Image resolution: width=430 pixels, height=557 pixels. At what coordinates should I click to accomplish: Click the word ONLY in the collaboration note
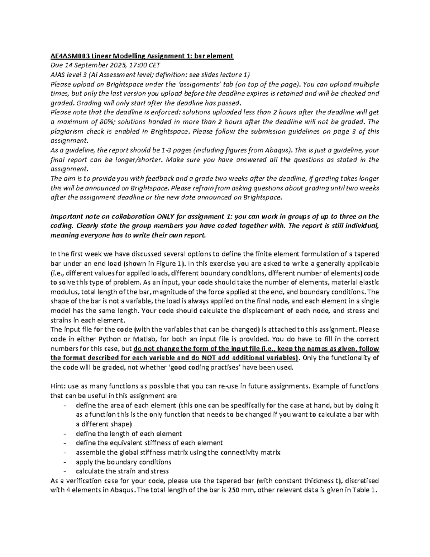167,216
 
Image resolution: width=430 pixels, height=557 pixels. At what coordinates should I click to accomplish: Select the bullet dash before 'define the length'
64,434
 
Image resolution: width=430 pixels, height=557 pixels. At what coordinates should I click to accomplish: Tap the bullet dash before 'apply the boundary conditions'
64,462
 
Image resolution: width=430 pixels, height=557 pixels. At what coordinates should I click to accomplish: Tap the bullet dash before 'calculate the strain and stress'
64,471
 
